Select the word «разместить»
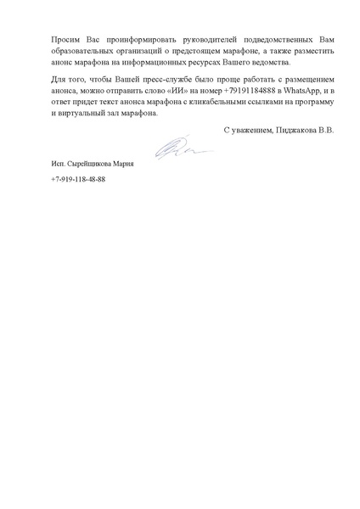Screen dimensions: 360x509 (315, 52)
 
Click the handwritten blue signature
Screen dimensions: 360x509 (177, 150)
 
